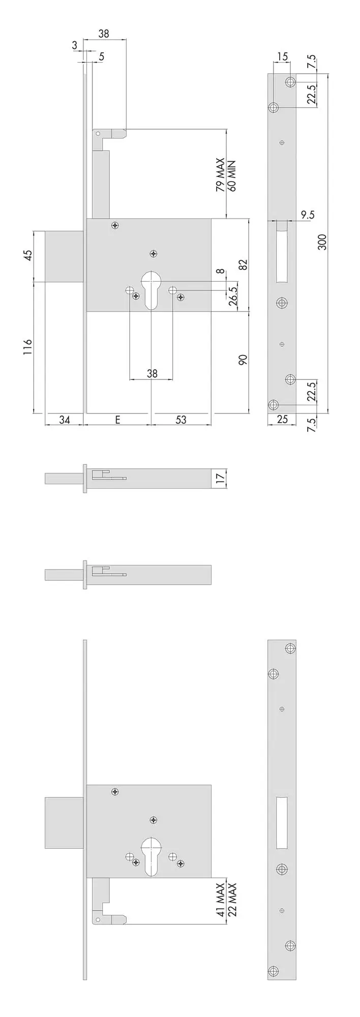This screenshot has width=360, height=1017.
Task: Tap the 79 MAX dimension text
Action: [x=220, y=175]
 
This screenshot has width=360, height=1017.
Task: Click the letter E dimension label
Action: [x=117, y=420]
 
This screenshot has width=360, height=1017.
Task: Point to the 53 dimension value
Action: [x=181, y=420]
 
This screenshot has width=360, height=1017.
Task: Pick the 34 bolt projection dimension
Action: [x=64, y=420]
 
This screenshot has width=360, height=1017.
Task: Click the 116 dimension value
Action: [x=28, y=347]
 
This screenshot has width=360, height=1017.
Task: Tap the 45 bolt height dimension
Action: [x=28, y=255]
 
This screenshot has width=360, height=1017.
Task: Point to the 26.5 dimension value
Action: [x=233, y=296]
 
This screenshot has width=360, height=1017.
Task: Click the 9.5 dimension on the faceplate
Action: [x=308, y=215]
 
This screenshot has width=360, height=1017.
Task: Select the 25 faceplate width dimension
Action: [x=282, y=420]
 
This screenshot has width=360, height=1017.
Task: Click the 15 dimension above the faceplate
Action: [x=283, y=56]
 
